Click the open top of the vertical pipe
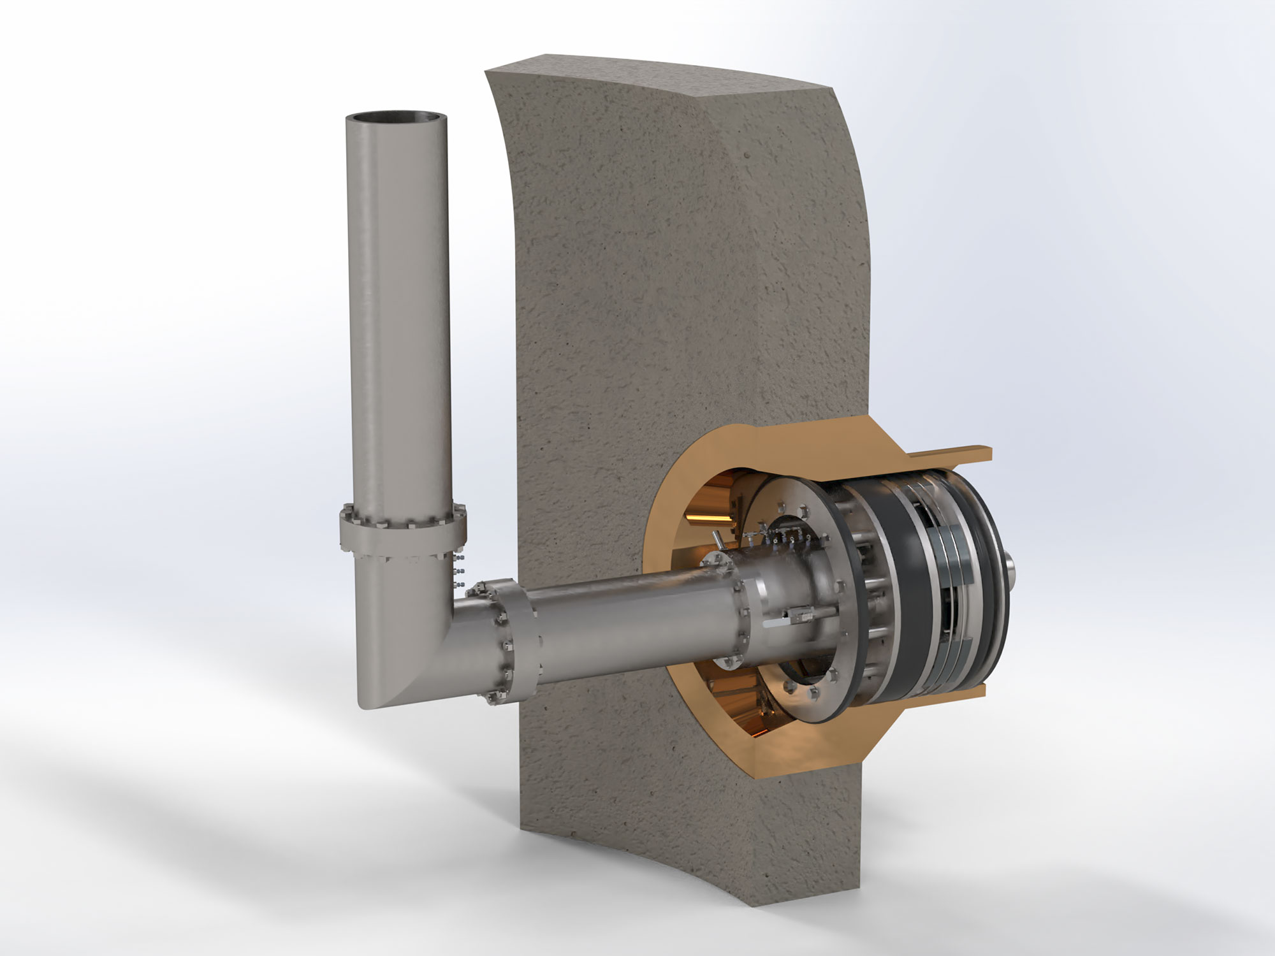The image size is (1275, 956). pos(395,120)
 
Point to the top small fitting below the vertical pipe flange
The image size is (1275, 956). pos(458,555)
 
